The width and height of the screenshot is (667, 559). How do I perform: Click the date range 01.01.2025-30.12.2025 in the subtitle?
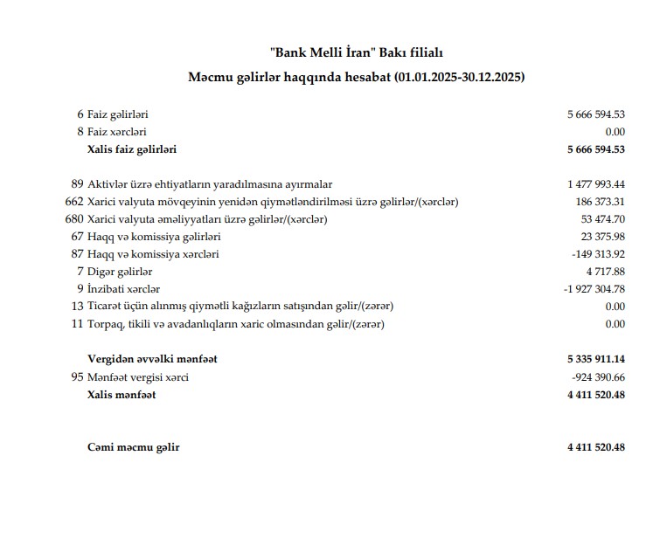click(458, 78)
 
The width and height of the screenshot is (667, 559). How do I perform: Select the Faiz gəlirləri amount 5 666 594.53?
click(595, 114)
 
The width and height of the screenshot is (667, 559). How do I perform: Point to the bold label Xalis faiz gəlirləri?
click(132, 149)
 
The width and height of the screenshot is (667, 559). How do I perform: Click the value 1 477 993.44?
click(596, 184)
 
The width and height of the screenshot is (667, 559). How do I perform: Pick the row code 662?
click(74, 202)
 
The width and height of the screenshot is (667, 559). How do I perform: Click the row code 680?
click(74, 219)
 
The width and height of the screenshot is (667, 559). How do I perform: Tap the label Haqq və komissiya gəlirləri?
click(154, 237)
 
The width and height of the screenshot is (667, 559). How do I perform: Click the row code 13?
click(78, 307)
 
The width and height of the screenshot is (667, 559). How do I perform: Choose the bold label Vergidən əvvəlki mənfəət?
click(152, 359)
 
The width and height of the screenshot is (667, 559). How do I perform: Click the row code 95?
click(78, 377)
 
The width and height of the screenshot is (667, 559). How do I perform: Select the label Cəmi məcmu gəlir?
click(133, 447)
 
